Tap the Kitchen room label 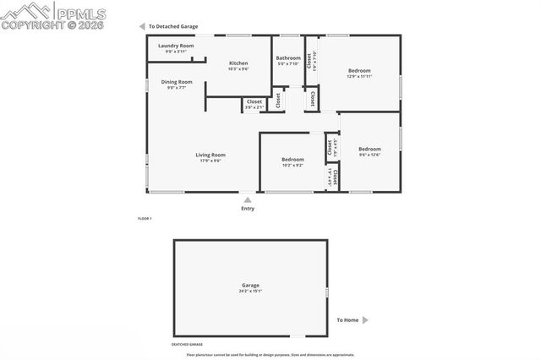point(238,63)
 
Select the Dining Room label point(177,82)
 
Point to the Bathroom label point(288,57)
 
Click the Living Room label point(210,155)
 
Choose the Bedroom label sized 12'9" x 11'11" point(359,71)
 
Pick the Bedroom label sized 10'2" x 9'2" point(292,160)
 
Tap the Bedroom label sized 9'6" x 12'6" point(369,149)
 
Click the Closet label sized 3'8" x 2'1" point(254,101)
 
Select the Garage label point(250,286)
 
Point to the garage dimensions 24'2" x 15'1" point(250,292)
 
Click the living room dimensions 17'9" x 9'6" point(210,161)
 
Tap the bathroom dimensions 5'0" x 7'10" point(288,63)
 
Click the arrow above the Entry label point(247,200)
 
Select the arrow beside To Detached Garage point(142,26)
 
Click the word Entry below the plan point(247,208)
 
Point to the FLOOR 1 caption point(144,219)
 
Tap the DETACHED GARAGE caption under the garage point(188,345)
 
